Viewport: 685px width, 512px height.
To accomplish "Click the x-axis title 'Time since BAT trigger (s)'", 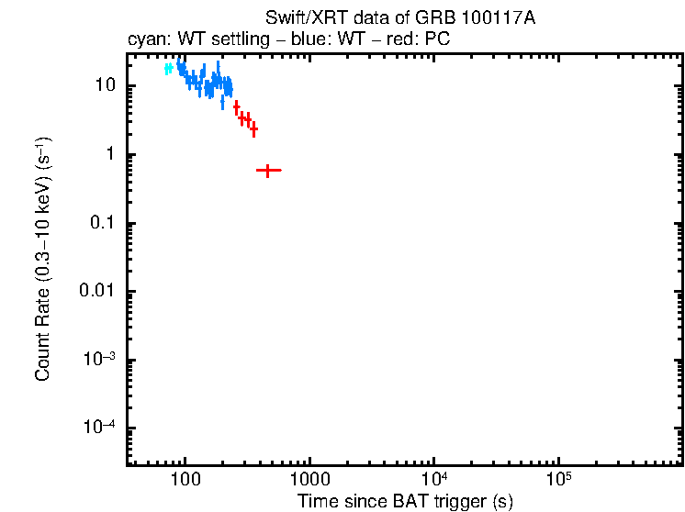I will pyautogui.click(x=405, y=501).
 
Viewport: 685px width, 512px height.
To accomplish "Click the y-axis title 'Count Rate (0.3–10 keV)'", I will pyautogui.click(x=43, y=260).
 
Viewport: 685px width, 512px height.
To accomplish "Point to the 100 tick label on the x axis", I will pyautogui.click(x=185, y=480).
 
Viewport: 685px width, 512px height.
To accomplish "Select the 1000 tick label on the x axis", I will pyautogui.click(x=309, y=480).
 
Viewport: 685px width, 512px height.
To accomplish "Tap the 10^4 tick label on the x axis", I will pyautogui.click(x=433, y=479).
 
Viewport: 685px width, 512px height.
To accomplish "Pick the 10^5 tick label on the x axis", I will pyautogui.click(x=557, y=479).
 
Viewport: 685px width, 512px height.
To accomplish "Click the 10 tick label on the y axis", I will pyautogui.click(x=104, y=86).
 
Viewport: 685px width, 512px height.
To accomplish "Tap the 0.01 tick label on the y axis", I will pyautogui.click(x=95, y=292).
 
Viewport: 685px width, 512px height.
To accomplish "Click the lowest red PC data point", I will pyautogui.click(x=267, y=170).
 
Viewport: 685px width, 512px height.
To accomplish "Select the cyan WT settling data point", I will pyautogui.click(x=168, y=69).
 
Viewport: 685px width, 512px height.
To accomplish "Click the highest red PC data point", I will pyautogui.click(x=236, y=106).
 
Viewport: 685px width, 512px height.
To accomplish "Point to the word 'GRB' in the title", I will pyautogui.click(x=452, y=19).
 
